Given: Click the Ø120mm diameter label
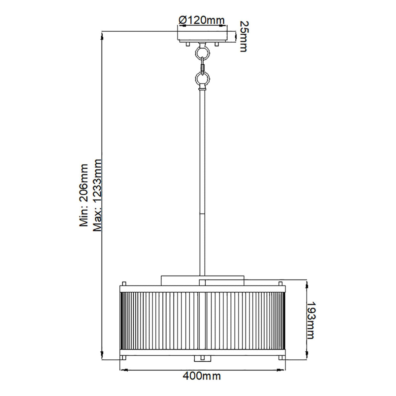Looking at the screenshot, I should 202,20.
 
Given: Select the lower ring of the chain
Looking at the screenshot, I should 202,79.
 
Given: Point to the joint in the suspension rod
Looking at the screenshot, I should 202,214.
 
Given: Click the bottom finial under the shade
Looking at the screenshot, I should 202,358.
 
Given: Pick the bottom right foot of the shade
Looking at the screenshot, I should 280,358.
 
